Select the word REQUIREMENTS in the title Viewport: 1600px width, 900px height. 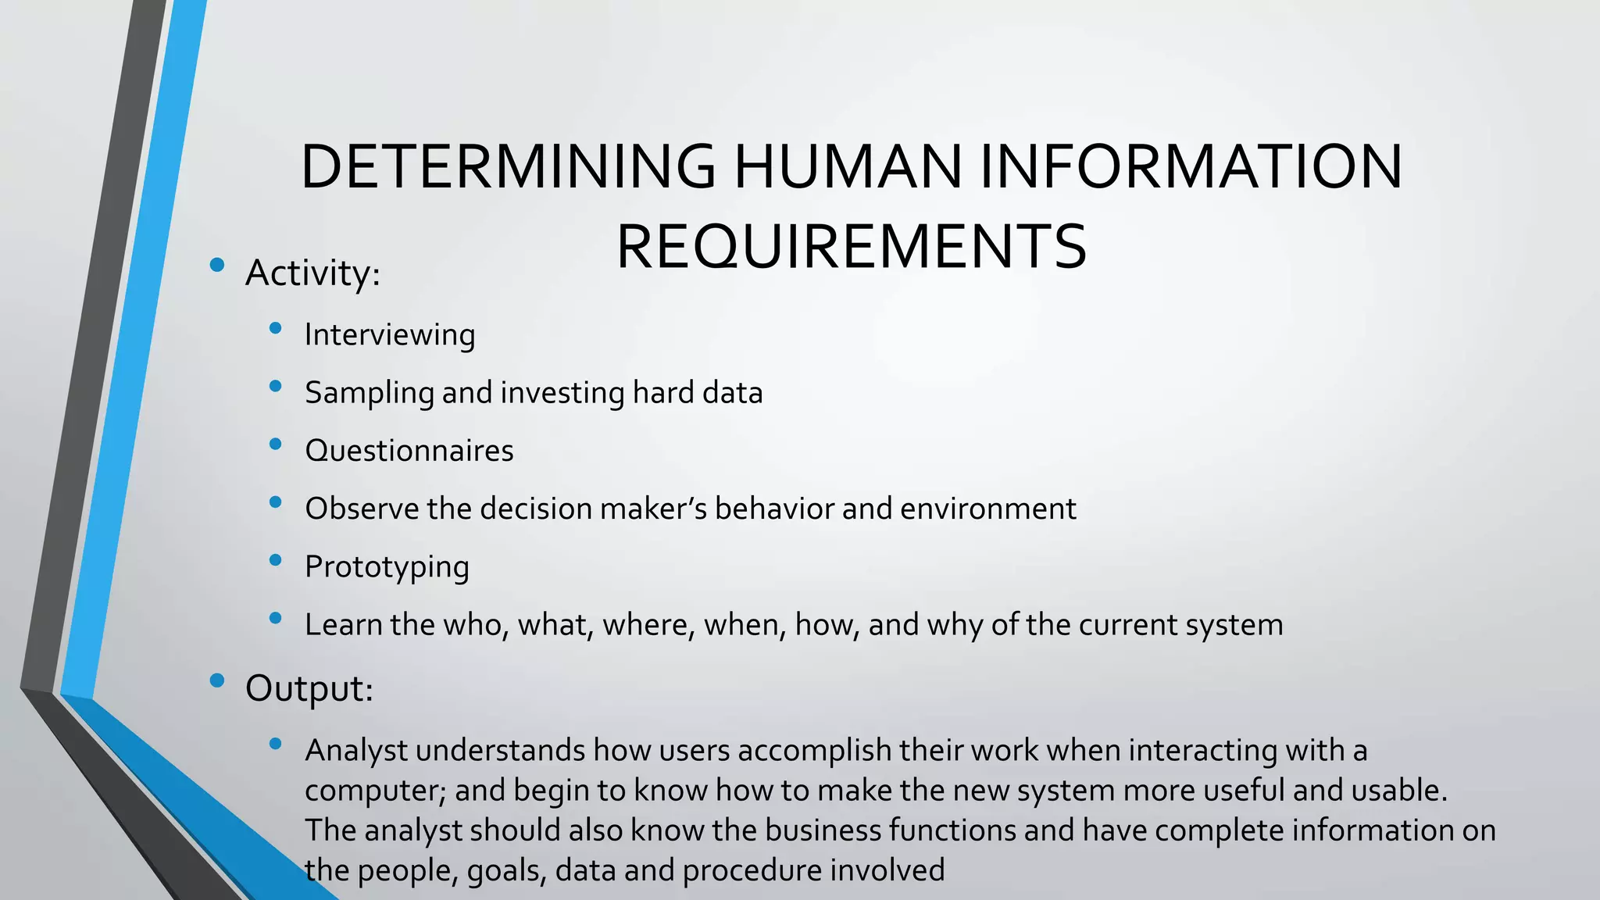[852, 247]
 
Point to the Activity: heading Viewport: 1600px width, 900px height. [312, 273]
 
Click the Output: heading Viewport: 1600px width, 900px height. [309, 689]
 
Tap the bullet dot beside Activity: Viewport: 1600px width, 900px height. [217, 264]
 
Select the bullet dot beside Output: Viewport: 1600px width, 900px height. [217, 680]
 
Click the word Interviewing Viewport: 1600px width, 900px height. [390, 335]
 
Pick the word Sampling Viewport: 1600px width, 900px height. [369, 393]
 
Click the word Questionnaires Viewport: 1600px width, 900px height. [409, 451]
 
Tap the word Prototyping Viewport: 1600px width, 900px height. [387, 567]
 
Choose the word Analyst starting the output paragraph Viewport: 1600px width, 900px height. [355, 751]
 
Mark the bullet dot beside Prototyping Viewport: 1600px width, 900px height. [275, 559]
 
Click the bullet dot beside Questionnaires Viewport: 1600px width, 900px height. [275, 444]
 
